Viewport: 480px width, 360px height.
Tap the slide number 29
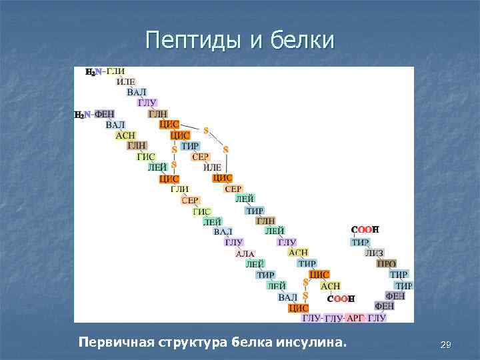point(446,345)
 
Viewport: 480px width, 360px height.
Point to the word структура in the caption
point(193,343)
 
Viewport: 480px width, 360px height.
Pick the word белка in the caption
point(251,343)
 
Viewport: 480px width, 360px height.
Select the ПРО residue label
point(387,264)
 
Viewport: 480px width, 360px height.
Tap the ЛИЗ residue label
point(375,253)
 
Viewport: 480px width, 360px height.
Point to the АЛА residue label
point(245,253)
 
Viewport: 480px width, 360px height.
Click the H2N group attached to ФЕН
point(83,115)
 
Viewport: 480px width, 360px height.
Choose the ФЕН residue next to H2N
point(105,115)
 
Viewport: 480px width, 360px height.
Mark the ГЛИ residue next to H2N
point(116,71)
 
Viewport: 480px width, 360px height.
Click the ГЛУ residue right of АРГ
point(377,318)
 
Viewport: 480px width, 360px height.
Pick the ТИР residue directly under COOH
point(361,242)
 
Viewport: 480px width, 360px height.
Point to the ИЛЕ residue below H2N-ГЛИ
point(126,82)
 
